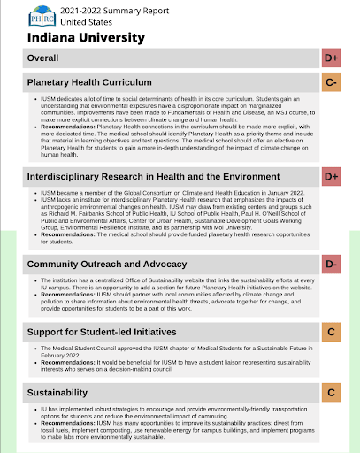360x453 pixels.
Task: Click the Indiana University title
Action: pos(86,38)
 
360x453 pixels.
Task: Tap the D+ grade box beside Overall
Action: pos(333,59)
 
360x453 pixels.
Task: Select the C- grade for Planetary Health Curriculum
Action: pos(333,82)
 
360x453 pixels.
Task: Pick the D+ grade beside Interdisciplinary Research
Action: pos(333,177)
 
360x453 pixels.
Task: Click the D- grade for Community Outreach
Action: pos(333,264)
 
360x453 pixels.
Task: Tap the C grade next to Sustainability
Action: pos(333,391)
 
